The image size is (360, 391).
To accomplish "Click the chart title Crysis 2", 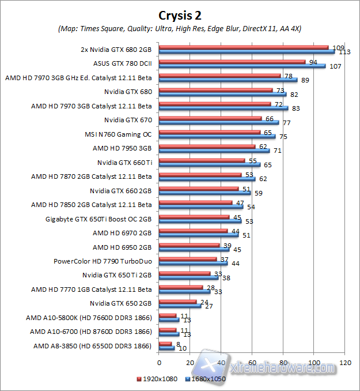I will (x=180, y=14).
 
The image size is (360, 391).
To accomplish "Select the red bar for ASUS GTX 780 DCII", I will (x=232, y=62).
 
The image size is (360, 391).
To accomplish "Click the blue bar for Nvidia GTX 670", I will (x=218, y=122).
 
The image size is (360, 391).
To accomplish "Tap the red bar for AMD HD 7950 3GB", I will (x=207, y=146).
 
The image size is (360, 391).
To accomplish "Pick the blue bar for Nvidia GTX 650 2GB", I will (x=180, y=306).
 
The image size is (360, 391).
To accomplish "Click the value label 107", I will (x=335, y=66).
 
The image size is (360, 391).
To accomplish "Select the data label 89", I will (x=305, y=81).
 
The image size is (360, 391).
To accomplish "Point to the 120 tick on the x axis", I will (x=346, y=363).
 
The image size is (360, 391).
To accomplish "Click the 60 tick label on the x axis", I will (x=252, y=363).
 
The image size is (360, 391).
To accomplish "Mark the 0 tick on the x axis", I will (x=159, y=363).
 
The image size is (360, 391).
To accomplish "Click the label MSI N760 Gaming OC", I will (x=118, y=134).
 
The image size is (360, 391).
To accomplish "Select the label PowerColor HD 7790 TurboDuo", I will (x=103, y=261).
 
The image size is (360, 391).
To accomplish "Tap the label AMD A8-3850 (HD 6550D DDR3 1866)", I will (x=93, y=346).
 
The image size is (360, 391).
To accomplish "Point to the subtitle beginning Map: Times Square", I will (x=180, y=28).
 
